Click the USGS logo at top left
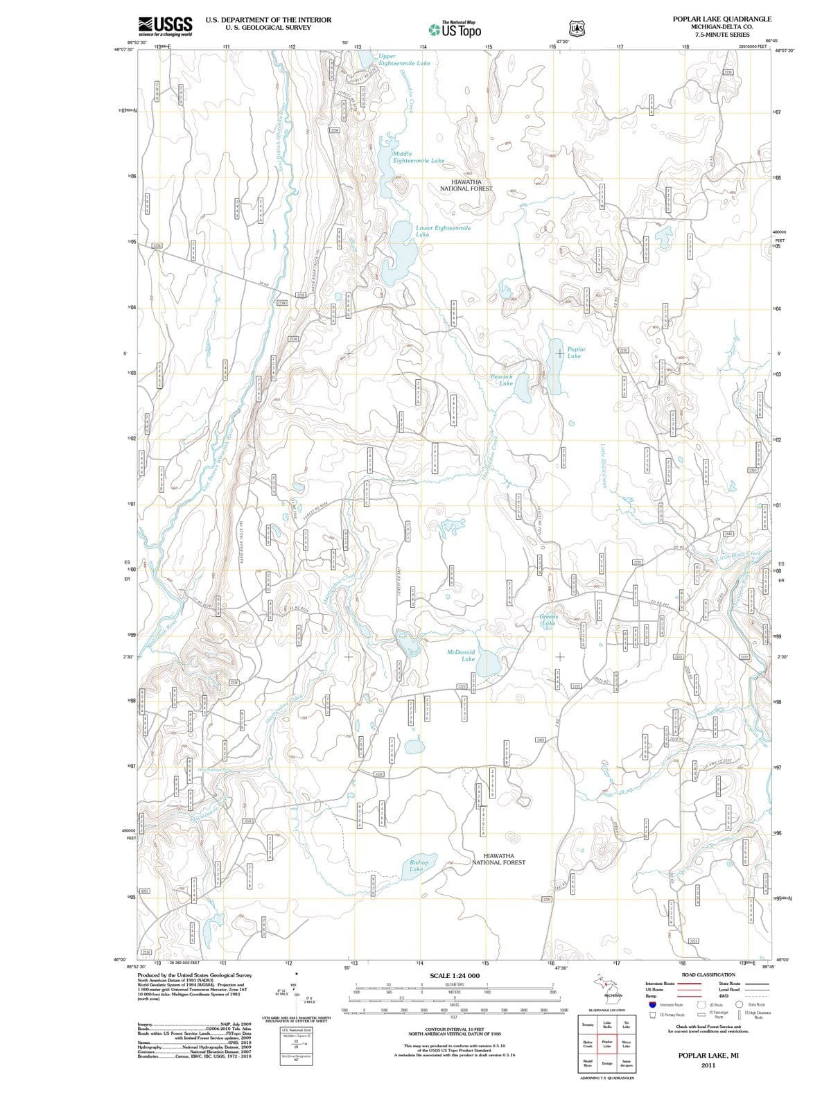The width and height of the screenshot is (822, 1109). coord(165,26)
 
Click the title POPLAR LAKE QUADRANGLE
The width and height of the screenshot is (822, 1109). coord(722,19)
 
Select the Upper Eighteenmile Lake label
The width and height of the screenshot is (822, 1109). coord(404,59)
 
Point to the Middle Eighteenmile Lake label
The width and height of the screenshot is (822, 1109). coord(418,157)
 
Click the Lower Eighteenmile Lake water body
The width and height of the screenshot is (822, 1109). coord(401,253)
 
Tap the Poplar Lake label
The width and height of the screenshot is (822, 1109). coord(576,352)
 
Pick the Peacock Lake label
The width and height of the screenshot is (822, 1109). coord(502,380)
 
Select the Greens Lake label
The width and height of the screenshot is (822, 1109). coord(548,619)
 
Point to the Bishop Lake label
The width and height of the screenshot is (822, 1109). coord(418,865)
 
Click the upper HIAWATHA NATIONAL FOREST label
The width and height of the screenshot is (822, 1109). coord(466,184)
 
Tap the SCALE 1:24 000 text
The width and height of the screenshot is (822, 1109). coord(455,975)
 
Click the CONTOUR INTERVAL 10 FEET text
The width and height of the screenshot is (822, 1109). coord(455,1030)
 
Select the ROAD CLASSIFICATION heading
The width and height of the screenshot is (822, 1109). coord(708,975)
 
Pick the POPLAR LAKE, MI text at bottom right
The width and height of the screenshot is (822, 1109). coord(708,1055)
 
